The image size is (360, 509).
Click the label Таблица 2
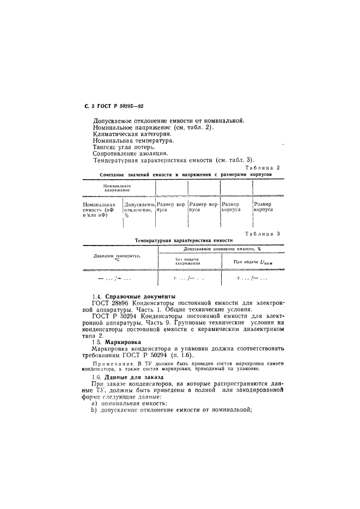click(x=263, y=168)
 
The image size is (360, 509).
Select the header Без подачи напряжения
click(x=188, y=261)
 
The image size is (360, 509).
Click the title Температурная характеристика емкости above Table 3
click(x=184, y=240)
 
